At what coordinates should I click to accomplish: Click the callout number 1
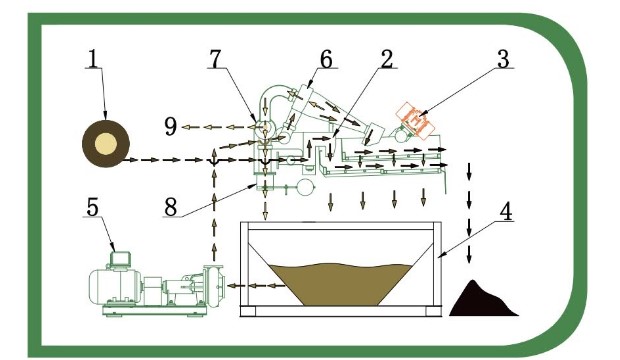pyautogui.click(x=93, y=59)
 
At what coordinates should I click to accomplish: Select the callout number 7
pyautogui.click(x=216, y=59)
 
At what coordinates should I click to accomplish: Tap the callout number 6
pyautogui.click(x=326, y=59)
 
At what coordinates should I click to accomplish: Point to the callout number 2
pyautogui.click(x=386, y=59)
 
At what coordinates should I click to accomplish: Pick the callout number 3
pyautogui.click(x=503, y=59)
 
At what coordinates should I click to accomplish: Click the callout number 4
pyautogui.click(x=506, y=211)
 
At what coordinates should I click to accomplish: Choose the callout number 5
pyautogui.click(x=92, y=207)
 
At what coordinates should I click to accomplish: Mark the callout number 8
pyautogui.click(x=170, y=207)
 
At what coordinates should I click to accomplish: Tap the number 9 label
pyautogui.click(x=170, y=127)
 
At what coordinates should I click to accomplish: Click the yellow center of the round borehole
pyautogui.click(x=106, y=144)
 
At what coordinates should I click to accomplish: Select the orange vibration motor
pyautogui.click(x=415, y=121)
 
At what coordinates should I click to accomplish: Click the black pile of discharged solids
pyautogui.click(x=483, y=299)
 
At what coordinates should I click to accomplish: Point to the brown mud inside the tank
pyautogui.click(x=342, y=284)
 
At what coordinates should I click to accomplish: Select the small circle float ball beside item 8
pyautogui.click(x=305, y=187)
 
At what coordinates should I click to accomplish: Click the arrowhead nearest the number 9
pyautogui.click(x=186, y=127)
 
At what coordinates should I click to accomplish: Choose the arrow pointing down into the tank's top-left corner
pyautogui.click(x=265, y=211)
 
